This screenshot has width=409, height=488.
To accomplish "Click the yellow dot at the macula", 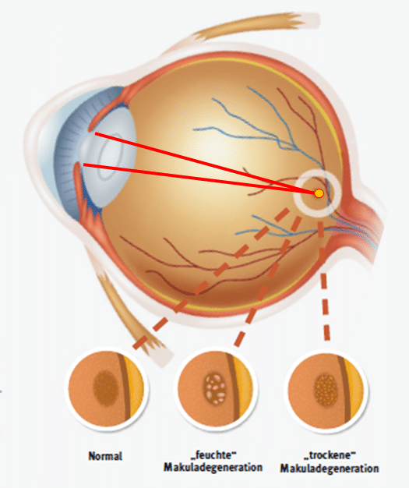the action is coord(319,193).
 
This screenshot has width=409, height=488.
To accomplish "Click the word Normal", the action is coord(105,456).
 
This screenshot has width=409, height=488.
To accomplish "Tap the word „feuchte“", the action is coord(213,454).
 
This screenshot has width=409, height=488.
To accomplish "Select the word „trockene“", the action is coord(330,455).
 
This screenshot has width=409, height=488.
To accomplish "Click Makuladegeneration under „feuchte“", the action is coord(213,467).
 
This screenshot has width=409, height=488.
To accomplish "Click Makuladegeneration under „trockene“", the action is coord(330,468).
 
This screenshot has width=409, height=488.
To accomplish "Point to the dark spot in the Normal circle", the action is coord(105,388).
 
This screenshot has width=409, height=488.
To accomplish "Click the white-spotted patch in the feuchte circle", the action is coord(215,389).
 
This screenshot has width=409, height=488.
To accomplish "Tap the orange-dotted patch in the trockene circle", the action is coord(326,391).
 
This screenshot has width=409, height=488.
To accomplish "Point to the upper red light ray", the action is coord(205,163).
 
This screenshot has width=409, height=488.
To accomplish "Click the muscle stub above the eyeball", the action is coord(249,27).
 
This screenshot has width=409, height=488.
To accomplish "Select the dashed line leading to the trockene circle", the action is coord(324,280).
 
